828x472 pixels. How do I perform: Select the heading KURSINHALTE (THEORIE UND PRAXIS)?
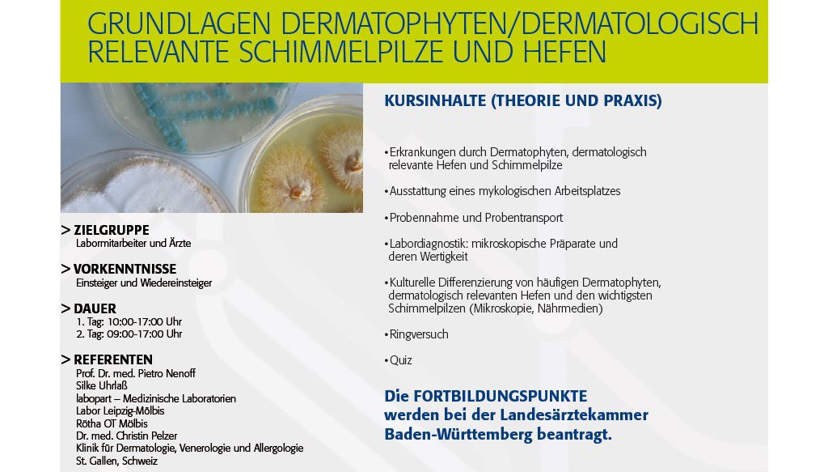523,100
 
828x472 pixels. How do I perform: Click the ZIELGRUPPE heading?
112,230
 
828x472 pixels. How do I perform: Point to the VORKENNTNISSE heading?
125,269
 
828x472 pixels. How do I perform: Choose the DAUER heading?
95,308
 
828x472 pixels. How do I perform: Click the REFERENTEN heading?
113,359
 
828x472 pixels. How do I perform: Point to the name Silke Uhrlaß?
102,386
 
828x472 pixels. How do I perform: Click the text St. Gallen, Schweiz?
116,461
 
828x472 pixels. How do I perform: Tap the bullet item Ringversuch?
419,334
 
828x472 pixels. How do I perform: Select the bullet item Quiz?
401,360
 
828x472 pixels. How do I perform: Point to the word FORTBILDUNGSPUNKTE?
500,396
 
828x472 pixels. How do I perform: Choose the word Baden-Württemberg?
458,435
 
